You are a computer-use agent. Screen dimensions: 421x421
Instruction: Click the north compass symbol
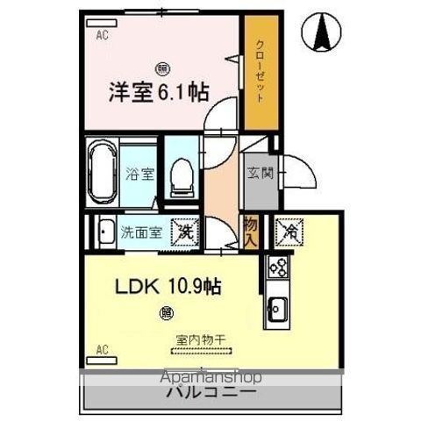click(323, 34)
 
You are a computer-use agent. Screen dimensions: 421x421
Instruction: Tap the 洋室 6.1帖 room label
click(159, 91)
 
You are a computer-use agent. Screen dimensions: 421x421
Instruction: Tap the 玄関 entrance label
click(260, 173)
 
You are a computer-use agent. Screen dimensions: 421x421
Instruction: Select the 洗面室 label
click(140, 233)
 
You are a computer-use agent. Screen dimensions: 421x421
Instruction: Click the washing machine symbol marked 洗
click(185, 232)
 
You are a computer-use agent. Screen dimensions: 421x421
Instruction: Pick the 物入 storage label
click(250, 232)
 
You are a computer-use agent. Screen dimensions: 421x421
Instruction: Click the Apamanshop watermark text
click(210, 378)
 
